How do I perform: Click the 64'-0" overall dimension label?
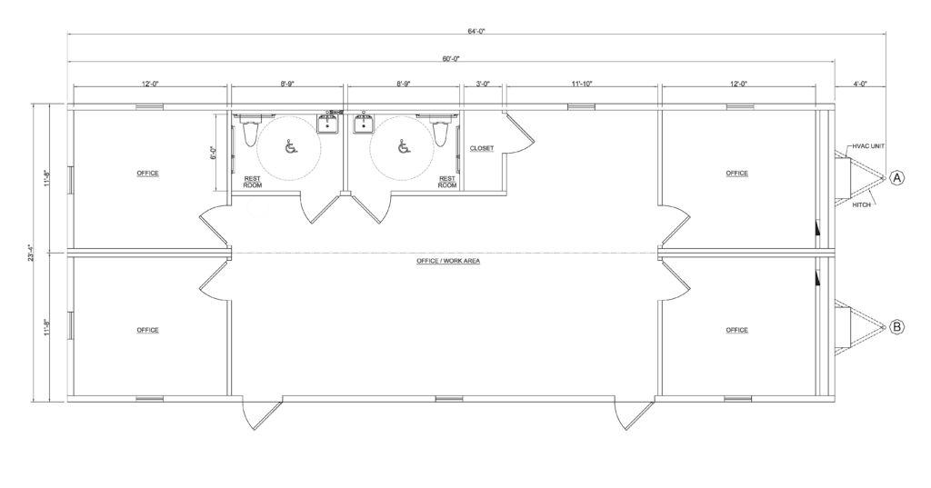[477, 31]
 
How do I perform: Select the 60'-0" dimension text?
[452, 58]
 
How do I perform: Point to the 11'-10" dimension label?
[582, 84]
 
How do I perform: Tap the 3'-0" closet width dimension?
[483, 84]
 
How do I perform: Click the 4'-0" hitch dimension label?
[861, 84]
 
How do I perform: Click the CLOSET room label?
[482, 148]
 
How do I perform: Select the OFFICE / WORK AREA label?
[448, 261]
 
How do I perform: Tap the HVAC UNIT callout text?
[868, 145]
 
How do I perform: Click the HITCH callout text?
[863, 205]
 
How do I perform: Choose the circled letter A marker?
[897, 177]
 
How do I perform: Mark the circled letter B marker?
[897, 326]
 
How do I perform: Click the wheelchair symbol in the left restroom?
[290, 147]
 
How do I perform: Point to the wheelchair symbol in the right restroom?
[401, 147]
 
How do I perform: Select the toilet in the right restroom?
[441, 133]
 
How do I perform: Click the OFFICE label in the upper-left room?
[147, 173]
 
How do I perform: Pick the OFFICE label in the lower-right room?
[736, 330]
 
